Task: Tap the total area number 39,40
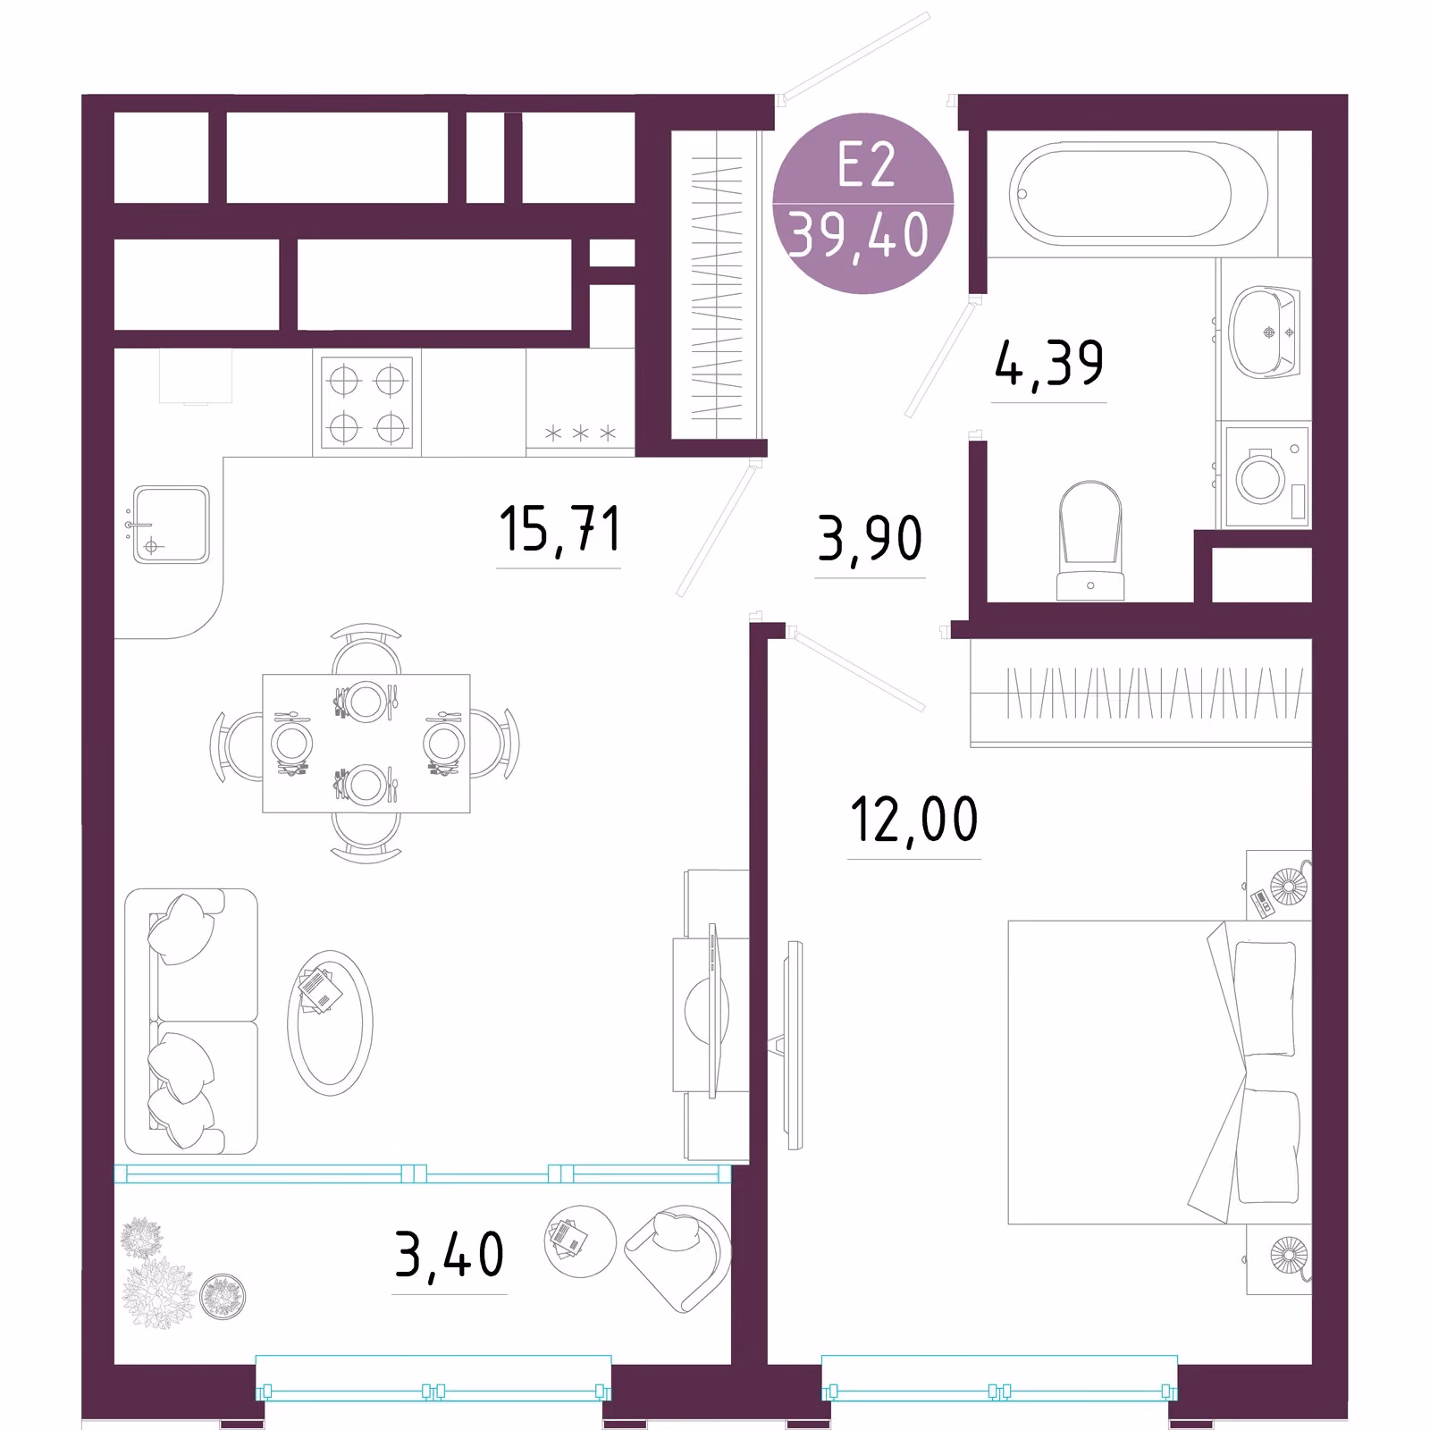click(859, 236)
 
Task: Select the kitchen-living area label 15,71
click(559, 529)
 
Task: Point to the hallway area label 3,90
click(870, 539)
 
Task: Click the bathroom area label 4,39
click(1048, 364)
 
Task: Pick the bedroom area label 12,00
click(913, 820)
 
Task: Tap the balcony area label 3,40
click(450, 1255)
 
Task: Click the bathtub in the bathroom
click(1139, 194)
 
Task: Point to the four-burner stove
click(366, 401)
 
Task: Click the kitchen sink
click(171, 524)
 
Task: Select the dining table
click(366, 744)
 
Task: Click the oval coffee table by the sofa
click(330, 1022)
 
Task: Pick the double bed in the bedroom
click(1159, 1072)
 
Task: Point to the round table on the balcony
click(580, 1241)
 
